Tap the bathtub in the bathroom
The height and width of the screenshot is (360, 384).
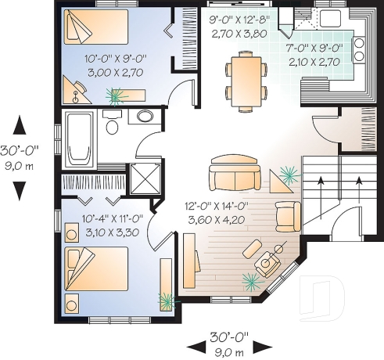coord(77,139)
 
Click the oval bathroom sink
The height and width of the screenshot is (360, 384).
coord(145,117)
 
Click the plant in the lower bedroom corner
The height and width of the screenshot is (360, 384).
coord(167,298)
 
